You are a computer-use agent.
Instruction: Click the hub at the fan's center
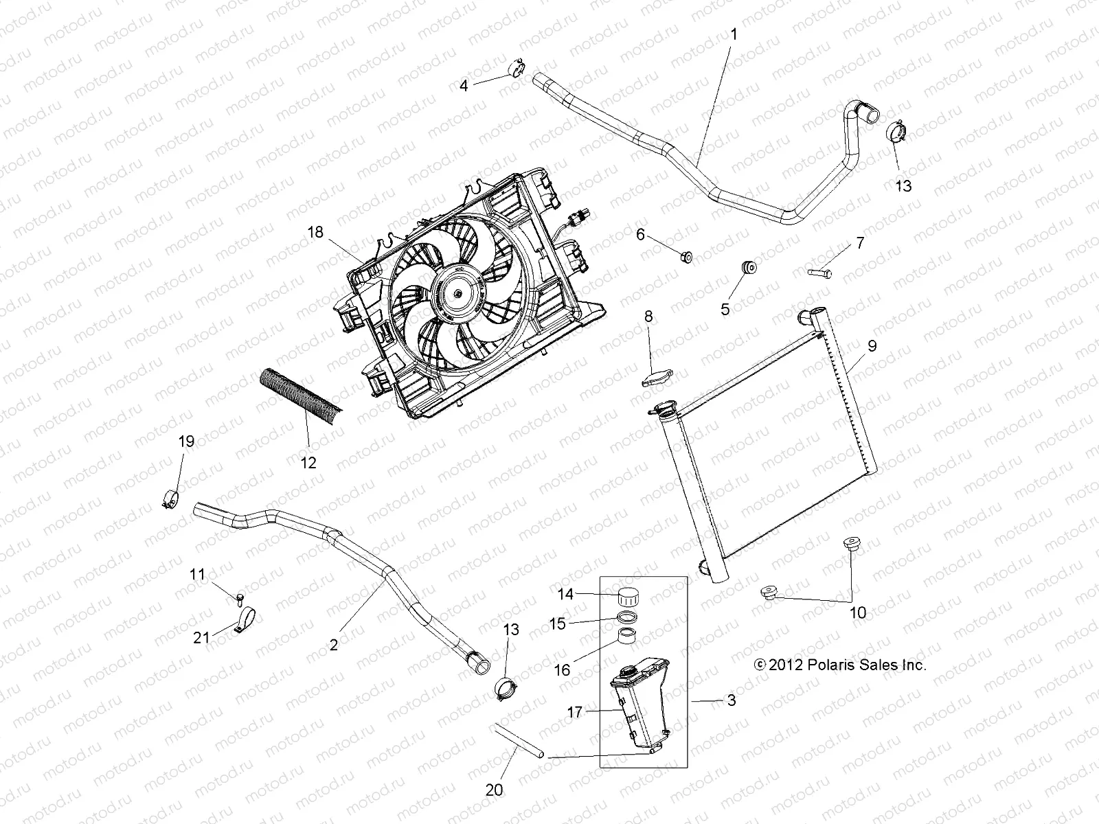tap(457, 293)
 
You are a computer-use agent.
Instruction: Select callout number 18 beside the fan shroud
tap(315, 233)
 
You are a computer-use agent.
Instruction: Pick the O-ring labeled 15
tap(628, 617)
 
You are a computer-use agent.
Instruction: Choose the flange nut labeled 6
tap(686, 257)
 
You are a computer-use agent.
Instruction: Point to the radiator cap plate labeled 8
tap(657, 376)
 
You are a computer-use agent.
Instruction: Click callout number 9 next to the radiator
tap(872, 346)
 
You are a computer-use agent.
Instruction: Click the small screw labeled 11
tap(238, 597)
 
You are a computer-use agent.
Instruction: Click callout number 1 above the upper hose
tap(733, 34)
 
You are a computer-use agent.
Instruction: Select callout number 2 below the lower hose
tap(334, 645)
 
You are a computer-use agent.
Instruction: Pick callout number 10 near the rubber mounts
tap(858, 613)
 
